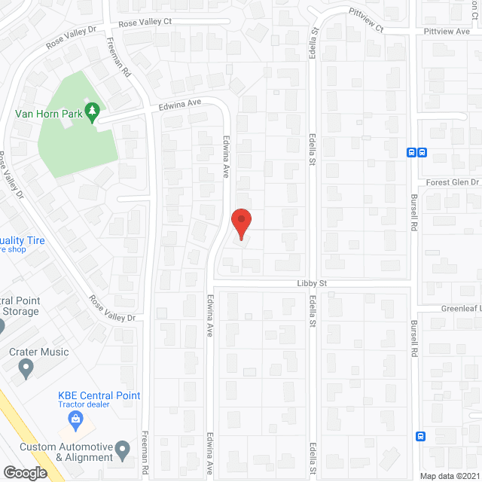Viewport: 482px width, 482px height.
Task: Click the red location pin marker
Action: coord(240,224)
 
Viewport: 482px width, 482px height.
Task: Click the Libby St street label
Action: coord(310,283)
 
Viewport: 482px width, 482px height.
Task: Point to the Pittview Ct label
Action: coord(366,20)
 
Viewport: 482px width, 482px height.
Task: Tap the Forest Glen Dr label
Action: coord(452,182)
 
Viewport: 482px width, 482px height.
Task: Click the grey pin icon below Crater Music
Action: coord(26,369)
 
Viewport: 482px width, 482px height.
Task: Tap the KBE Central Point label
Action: coord(99,395)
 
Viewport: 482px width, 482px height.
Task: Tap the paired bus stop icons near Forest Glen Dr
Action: coord(416,152)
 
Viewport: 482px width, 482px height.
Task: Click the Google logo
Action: coord(24,472)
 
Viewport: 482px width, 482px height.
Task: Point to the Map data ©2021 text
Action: coord(449,475)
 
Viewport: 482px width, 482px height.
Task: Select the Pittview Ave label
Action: coord(447,32)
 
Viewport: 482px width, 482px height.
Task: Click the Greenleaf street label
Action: coord(461,309)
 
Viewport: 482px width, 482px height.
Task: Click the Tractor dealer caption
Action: coord(85,405)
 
